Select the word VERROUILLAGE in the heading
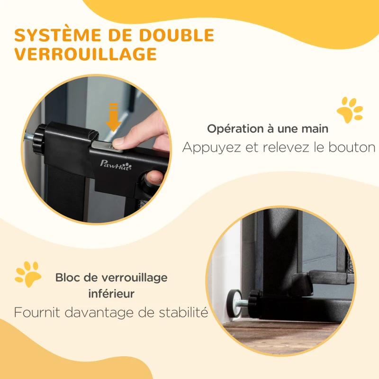pos(86,54)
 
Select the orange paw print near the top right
pos(349,110)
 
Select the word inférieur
pos(111,294)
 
